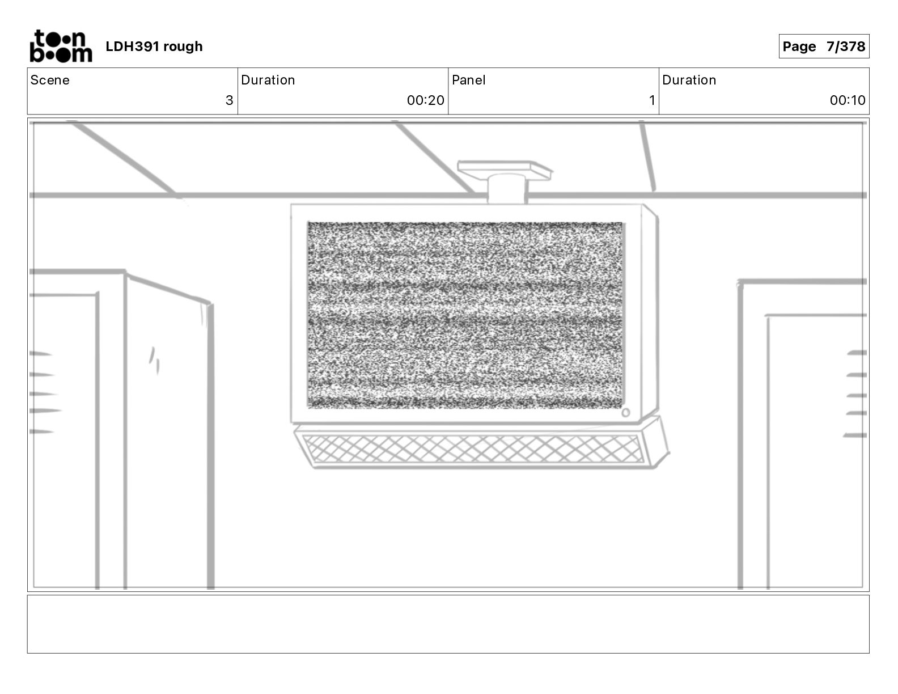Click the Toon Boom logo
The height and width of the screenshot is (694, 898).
tap(61, 46)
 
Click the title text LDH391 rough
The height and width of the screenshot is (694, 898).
tap(154, 46)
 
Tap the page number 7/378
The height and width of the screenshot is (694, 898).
tap(845, 46)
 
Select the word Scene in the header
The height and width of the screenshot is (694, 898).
tap(50, 80)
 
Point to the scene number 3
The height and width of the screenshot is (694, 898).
tap(229, 100)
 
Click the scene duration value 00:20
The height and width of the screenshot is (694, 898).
tap(425, 100)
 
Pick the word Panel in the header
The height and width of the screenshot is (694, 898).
tap(468, 80)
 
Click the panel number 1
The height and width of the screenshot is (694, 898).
tap(652, 100)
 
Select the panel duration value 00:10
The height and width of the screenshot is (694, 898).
tap(847, 100)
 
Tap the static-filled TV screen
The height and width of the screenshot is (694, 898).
tap(465, 315)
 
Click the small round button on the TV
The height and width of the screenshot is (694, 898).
tap(625, 413)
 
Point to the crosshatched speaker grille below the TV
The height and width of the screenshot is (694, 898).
tap(473, 449)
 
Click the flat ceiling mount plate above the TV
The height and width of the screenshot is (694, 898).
tap(504, 168)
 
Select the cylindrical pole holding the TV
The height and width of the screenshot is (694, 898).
tap(506, 189)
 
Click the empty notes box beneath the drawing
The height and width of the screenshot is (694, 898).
tap(448, 624)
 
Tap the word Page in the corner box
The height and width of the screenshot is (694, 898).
tap(799, 46)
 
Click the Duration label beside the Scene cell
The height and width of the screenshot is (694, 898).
tap(268, 80)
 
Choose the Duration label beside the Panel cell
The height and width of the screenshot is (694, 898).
tap(689, 80)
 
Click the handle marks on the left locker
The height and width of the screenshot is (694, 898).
tap(154, 360)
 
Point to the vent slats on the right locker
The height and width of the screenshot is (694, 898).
tap(856, 394)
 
